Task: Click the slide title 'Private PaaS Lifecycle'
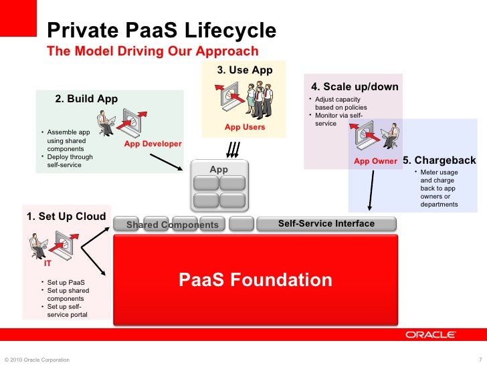161,31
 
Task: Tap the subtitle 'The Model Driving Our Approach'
153,51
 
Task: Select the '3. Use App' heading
244,70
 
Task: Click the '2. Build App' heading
86,99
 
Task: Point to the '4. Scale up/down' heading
355,87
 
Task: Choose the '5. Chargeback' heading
440,160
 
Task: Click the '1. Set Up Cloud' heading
66,216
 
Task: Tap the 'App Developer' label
153,144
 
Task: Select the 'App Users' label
245,127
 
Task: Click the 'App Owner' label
375,161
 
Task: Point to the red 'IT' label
47,263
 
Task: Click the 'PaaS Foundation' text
255,279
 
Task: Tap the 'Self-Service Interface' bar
326,223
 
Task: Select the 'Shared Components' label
173,225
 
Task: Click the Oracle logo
431,334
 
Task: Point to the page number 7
481,360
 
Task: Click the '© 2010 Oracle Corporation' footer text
37,360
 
